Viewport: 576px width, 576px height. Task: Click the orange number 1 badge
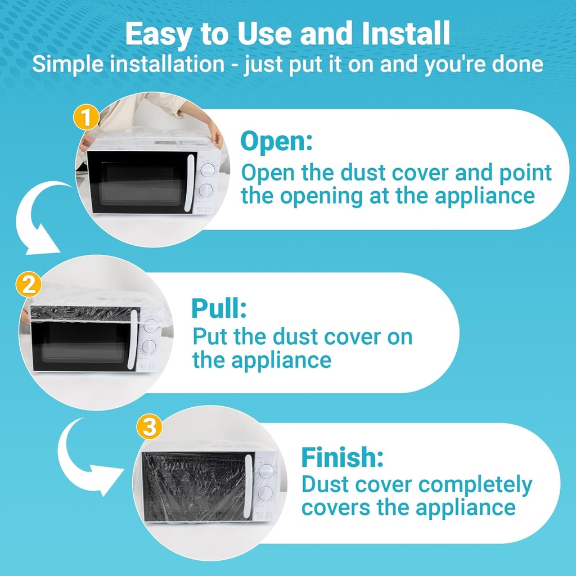[x=86, y=118]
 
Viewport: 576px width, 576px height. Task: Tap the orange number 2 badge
[x=29, y=285]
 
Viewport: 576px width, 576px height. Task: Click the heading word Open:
[x=276, y=142]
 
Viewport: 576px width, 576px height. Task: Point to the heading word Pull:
[x=219, y=308]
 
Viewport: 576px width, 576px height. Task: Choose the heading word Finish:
[x=342, y=457]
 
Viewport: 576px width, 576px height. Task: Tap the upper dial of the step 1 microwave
[x=208, y=170]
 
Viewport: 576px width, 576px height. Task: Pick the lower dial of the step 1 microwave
[x=207, y=191]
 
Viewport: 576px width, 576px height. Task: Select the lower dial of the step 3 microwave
[x=265, y=493]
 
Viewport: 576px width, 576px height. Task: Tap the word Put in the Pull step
[x=211, y=337]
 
